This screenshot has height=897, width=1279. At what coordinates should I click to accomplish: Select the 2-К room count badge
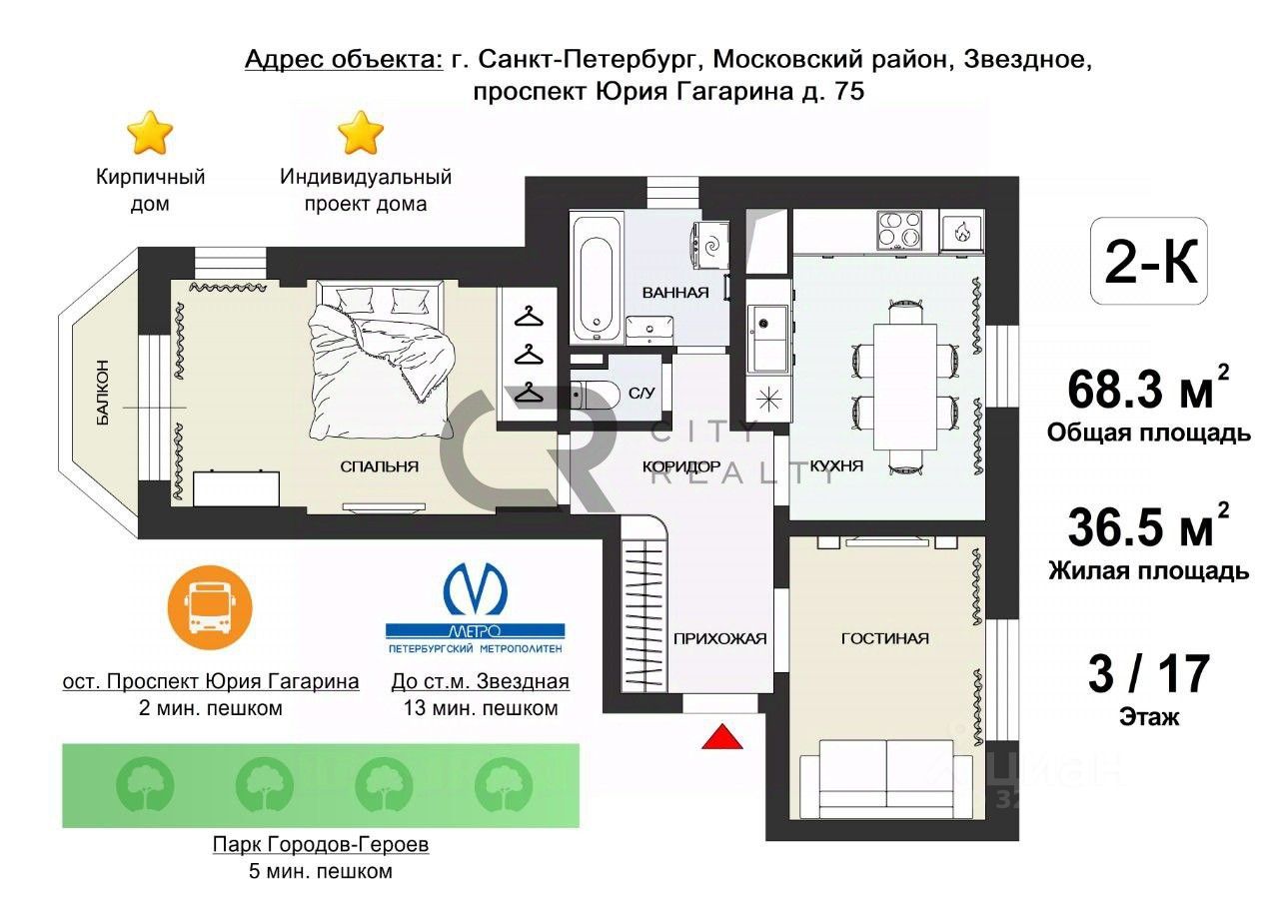(1150, 262)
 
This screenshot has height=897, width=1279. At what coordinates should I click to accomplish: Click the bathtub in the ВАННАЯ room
(597, 275)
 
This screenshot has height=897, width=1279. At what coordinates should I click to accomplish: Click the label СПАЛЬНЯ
(379, 466)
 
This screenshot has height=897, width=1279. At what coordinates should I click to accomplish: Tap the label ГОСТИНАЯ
(884, 639)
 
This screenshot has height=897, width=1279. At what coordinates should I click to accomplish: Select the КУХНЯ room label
(836, 466)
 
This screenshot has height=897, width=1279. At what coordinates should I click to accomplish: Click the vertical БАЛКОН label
(103, 393)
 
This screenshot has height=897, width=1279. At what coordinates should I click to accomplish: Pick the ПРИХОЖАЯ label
(719, 639)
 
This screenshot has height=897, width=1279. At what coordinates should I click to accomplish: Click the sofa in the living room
(886, 777)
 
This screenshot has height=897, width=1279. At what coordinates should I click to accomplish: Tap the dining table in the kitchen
(904, 388)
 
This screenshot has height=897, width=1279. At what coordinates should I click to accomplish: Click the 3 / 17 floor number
(1148, 675)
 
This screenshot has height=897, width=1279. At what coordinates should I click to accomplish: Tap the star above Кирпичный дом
(150, 133)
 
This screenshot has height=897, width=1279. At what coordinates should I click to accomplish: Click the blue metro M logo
(476, 591)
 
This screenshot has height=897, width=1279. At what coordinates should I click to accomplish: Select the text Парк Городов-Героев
(321, 845)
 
